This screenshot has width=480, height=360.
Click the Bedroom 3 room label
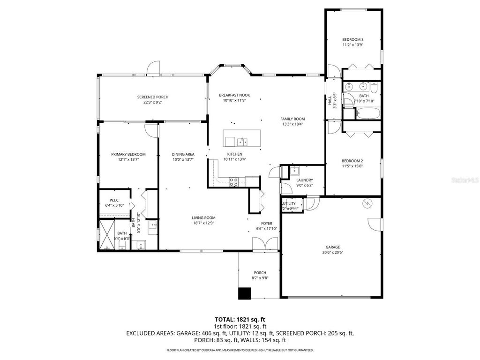(x=352, y=39)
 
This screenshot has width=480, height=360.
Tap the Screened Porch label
(x=153, y=97)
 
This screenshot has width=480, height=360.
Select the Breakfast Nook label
(x=234, y=95)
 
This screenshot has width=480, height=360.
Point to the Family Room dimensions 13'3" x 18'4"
(x=292, y=124)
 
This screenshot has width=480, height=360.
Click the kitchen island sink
(x=242, y=141)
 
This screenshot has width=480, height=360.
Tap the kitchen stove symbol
(x=234, y=181)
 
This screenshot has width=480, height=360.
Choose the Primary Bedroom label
(x=128, y=154)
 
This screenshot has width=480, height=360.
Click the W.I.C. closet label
(x=115, y=200)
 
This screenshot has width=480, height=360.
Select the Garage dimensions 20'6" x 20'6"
(x=333, y=252)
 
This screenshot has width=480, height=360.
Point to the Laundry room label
(x=304, y=180)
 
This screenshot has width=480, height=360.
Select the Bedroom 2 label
(x=352, y=161)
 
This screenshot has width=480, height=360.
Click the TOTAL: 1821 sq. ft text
(x=240, y=319)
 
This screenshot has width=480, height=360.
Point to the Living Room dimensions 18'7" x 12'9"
(x=203, y=223)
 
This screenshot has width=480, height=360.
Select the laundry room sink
(x=294, y=170)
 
